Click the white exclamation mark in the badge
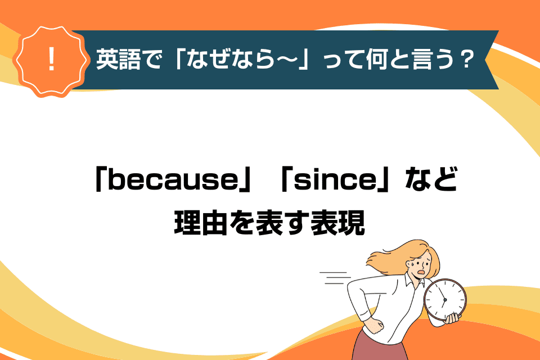52,59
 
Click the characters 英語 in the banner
118,59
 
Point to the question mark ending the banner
467,59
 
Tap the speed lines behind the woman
335,278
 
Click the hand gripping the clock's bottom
452,318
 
